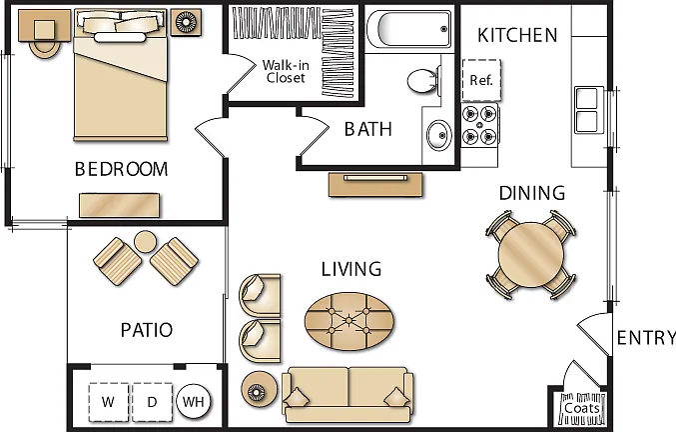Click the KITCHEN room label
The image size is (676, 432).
517,35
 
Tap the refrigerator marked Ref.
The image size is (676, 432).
481,80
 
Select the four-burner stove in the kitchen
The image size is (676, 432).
480,125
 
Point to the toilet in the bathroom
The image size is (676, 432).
423,81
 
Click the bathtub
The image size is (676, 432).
408,29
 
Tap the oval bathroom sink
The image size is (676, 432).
439,135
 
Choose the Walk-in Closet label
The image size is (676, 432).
286,71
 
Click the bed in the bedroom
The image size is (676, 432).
120,75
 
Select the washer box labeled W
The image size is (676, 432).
109,402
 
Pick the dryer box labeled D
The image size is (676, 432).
152,402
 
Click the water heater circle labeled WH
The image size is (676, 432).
193,402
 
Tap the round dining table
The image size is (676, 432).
531,255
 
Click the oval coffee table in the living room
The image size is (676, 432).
349,322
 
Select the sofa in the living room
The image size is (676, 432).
347,395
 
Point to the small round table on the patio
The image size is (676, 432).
146,242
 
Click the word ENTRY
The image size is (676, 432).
646,337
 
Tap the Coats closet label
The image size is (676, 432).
582,408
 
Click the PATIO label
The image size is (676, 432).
147,330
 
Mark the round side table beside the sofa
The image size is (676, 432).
259,390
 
